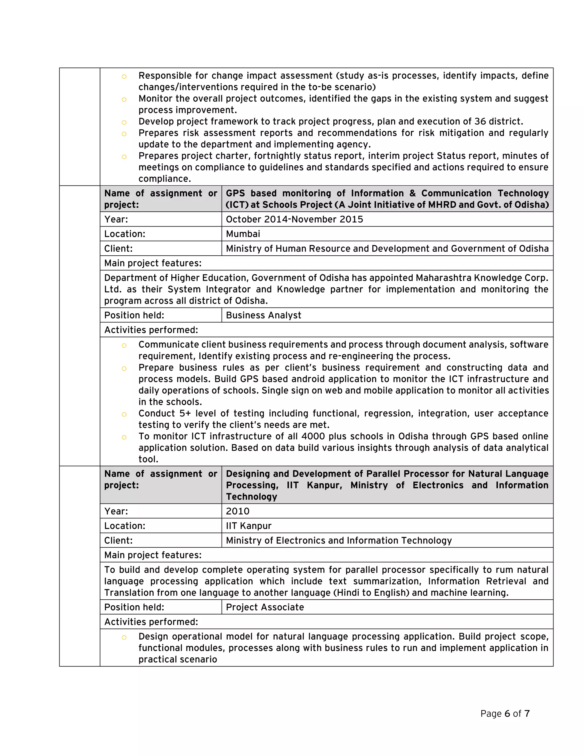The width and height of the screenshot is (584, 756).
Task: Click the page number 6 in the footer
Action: point(507,713)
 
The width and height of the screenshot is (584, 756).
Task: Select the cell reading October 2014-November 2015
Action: point(294,219)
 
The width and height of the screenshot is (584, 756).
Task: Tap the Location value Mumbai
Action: point(243,234)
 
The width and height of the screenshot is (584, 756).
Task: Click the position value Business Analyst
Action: point(263,315)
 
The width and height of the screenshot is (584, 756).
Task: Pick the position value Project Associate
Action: point(265,607)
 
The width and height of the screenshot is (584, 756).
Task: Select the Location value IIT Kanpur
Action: point(248,525)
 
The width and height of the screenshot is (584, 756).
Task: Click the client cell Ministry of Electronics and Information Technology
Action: point(339,540)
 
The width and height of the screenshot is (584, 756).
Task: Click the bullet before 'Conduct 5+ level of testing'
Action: point(124,414)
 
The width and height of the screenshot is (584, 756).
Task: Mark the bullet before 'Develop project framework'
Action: point(124,122)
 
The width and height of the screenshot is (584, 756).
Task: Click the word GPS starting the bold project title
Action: point(235,193)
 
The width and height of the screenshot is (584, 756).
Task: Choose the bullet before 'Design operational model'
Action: point(124,637)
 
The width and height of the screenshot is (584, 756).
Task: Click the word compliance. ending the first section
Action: point(165,179)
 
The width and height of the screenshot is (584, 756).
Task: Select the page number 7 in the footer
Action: point(527,713)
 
